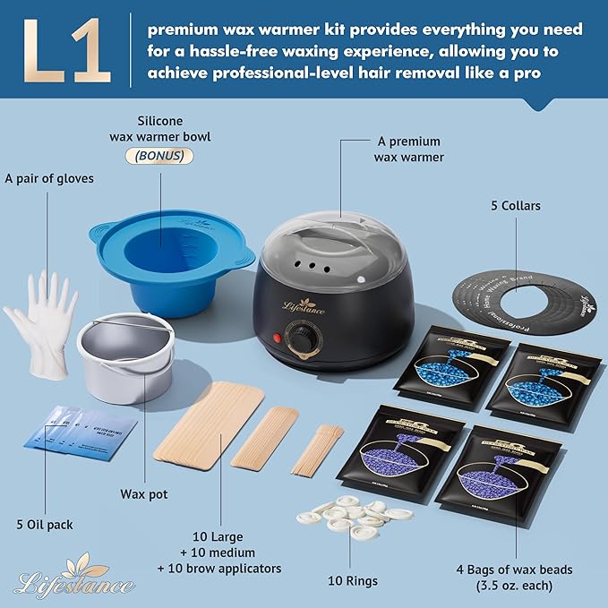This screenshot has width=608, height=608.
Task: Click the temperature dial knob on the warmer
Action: click(310, 340)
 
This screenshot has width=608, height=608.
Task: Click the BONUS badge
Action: click(161, 154)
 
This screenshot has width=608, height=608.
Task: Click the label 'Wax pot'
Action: click(144, 493)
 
